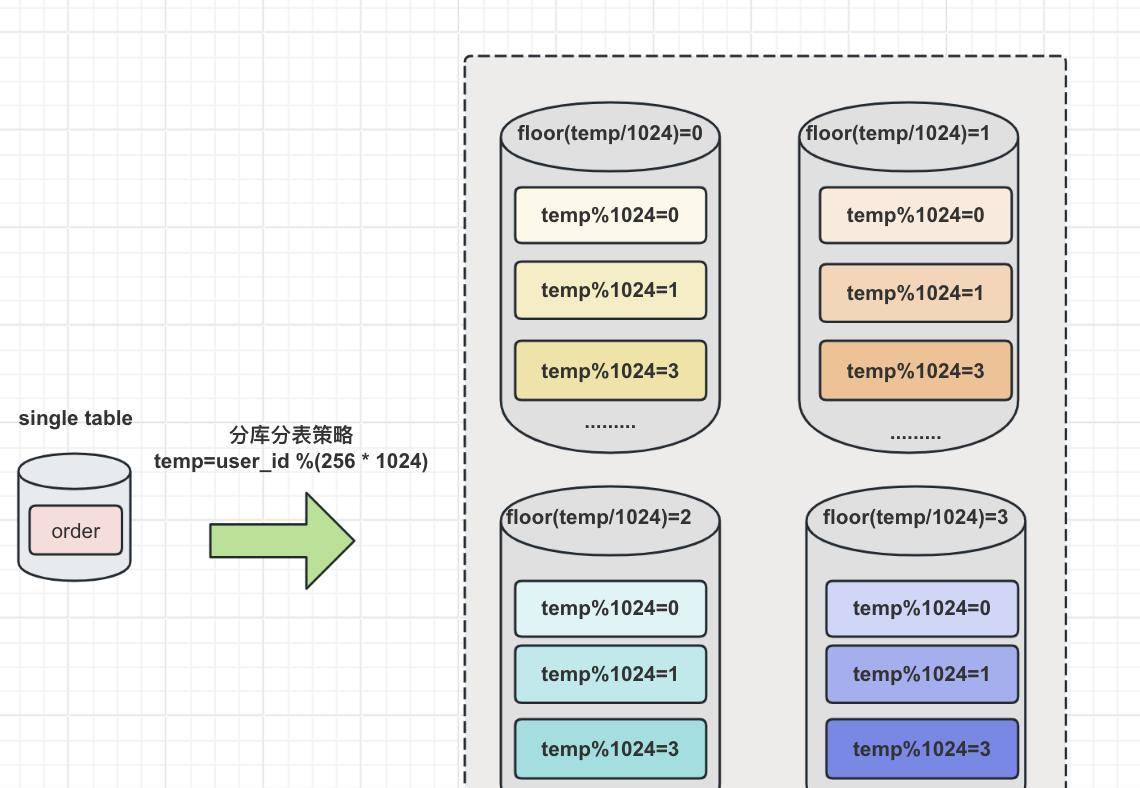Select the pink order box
(x=76, y=531)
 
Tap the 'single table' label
(x=75, y=418)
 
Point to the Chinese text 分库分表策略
(x=291, y=435)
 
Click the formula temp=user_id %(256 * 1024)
(x=291, y=461)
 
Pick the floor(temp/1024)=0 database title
(x=610, y=133)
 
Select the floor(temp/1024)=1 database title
(x=897, y=133)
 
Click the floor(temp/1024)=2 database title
(x=598, y=517)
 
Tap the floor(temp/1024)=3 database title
(x=915, y=517)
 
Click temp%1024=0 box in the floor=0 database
(x=610, y=215)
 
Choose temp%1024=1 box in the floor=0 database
(x=610, y=290)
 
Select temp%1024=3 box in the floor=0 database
(x=610, y=371)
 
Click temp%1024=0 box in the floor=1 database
(x=915, y=215)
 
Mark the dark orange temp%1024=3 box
(x=915, y=371)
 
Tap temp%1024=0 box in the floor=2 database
(x=610, y=608)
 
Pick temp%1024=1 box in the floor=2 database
(x=610, y=674)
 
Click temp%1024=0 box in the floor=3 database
(x=921, y=608)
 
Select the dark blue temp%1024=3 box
(x=921, y=749)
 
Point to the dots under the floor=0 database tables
(x=610, y=425)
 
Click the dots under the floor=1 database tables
(x=915, y=436)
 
